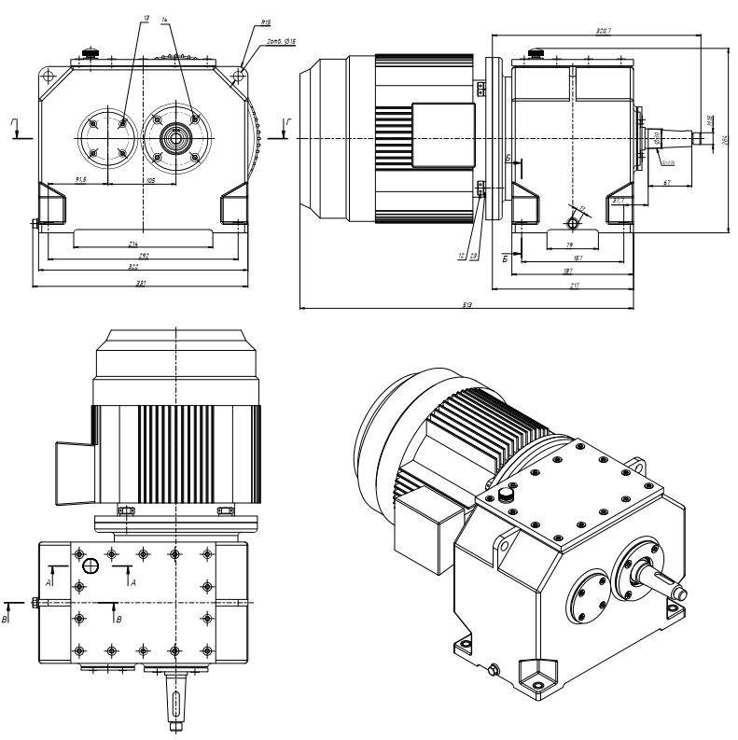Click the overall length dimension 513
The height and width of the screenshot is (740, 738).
point(468,302)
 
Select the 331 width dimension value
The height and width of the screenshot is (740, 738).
point(140,283)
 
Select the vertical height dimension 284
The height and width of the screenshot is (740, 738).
point(726,140)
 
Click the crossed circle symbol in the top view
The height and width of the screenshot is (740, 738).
point(91,565)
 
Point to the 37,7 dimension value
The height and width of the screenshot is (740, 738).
point(618,200)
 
